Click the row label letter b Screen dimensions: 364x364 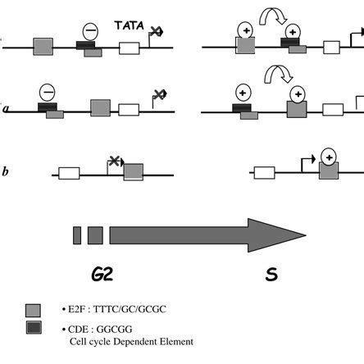6,171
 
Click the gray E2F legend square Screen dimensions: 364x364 34,311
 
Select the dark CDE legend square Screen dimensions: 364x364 34,330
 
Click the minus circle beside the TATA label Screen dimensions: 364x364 89,32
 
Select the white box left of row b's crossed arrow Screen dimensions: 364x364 68,174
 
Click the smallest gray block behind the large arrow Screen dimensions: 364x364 77,235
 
